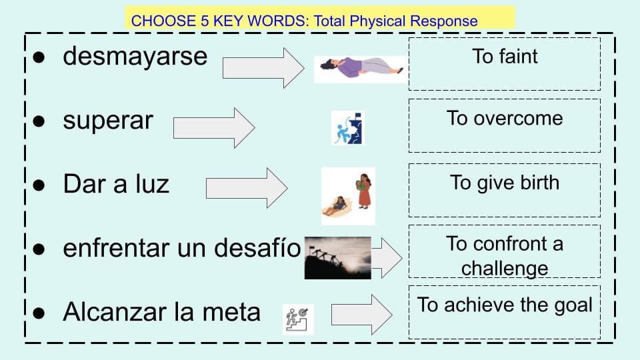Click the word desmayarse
pyautogui.click(x=135, y=56)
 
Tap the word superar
pyautogui.click(x=108, y=121)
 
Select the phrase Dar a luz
pyautogui.click(x=116, y=184)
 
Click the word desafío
pyautogui.click(x=257, y=248)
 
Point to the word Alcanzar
pyautogui.click(x=116, y=312)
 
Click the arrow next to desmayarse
pyautogui.click(x=263, y=68)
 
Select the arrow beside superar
pyautogui.click(x=214, y=128)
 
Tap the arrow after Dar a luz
pyautogui.click(x=247, y=188)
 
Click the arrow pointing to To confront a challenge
pyautogui.click(x=387, y=258)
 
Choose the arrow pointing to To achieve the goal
pyautogui.click(x=361, y=314)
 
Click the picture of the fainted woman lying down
pyautogui.click(x=361, y=69)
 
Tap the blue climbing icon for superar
pyautogui.click(x=348, y=128)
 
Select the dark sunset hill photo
pyautogui.click(x=338, y=258)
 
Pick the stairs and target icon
pyautogui.click(x=299, y=319)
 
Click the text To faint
pyautogui.click(x=505, y=56)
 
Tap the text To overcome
pyautogui.click(x=505, y=119)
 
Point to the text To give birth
pyautogui.click(x=505, y=183)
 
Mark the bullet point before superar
pyautogui.click(x=39, y=121)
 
